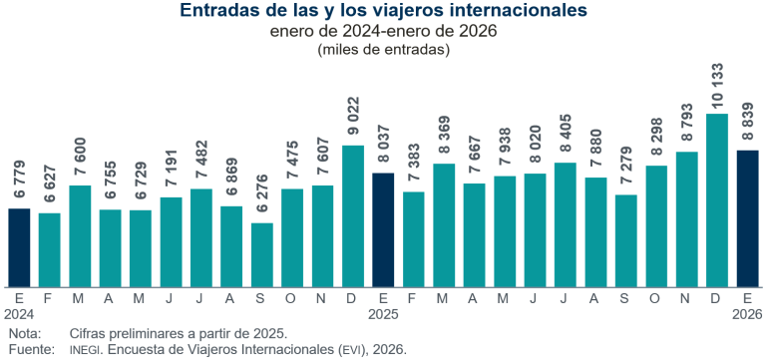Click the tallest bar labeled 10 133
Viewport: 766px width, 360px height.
pos(716,199)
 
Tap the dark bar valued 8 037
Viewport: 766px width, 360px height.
pos(383,228)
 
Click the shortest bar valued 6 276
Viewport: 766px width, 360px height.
pos(262,253)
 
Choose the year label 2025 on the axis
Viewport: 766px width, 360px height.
pos(383,314)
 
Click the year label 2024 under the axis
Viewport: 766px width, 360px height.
pos(19,314)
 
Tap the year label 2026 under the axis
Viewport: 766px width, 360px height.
pos(747,314)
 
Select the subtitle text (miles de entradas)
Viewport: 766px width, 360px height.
pos(383,49)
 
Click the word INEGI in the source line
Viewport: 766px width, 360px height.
pos(86,350)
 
